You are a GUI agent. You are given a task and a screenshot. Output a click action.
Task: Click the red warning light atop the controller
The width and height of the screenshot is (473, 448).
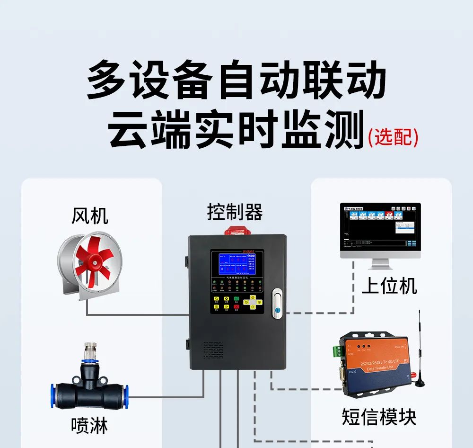pos(237,231)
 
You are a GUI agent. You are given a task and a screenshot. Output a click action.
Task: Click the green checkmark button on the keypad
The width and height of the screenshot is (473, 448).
pos(227,298)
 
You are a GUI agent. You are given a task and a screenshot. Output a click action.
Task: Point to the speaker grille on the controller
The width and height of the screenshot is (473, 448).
pos(213,349)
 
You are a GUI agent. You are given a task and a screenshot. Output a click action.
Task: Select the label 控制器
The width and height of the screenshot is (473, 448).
pos(235,212)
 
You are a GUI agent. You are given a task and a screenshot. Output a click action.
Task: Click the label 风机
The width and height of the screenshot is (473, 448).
pos(90,216)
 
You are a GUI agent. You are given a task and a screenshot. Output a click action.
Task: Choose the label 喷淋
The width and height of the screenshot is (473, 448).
pos(89,425)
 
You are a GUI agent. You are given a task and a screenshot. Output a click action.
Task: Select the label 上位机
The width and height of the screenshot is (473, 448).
pos(389,286)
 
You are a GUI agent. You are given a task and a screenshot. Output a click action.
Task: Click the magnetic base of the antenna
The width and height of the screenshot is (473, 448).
pos(418,381)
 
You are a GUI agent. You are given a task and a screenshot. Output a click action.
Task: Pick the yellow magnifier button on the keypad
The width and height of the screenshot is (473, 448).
pos(216,298)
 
